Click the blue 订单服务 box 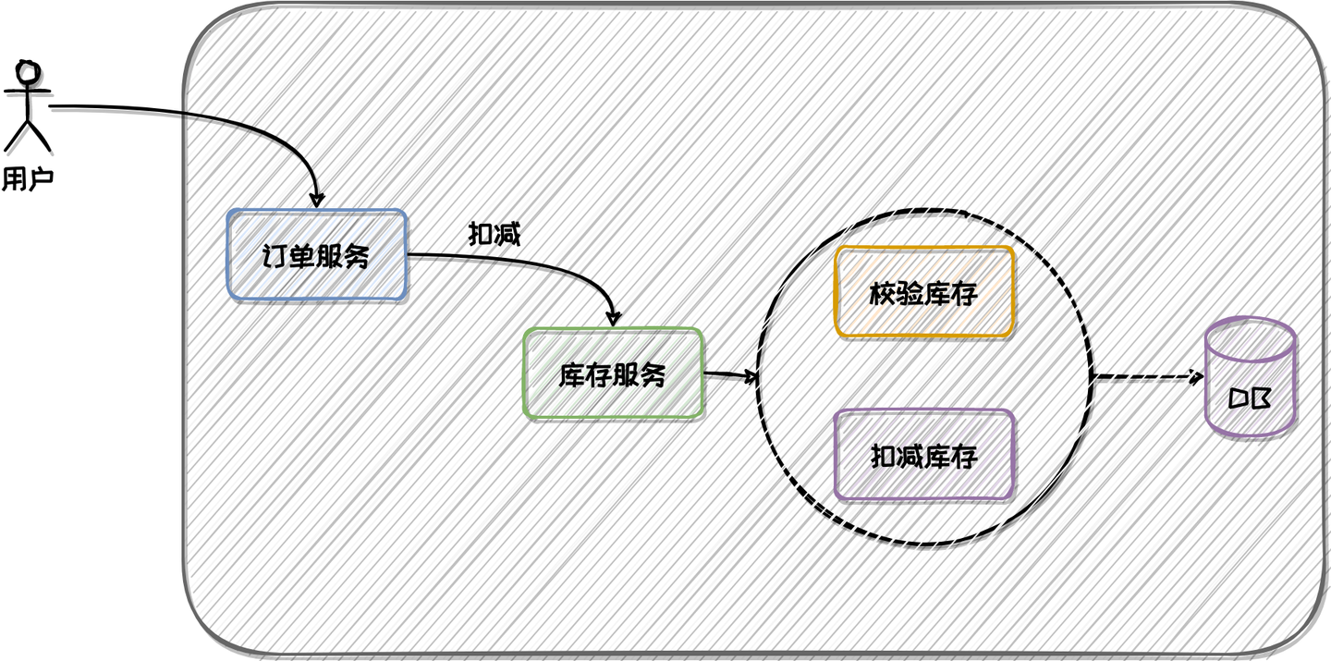pos(317,254)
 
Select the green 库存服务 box pos(613,373)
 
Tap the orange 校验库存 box pos(924,292)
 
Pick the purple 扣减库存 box pos(924,456)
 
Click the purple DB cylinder pos(1251,377)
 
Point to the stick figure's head pos(28,72)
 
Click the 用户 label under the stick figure pos(28,178)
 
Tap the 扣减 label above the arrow pos(495,234)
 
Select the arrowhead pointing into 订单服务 pos(317,199)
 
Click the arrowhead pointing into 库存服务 pos(613,317)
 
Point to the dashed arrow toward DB pos(1148,377)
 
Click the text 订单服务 pos(315,256)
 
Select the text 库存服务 pos(612,375)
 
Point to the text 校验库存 pos(923,294)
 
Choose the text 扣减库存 pos(924,457)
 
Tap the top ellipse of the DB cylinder pos(1251,339)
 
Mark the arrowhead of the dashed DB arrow pos(1195,377)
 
